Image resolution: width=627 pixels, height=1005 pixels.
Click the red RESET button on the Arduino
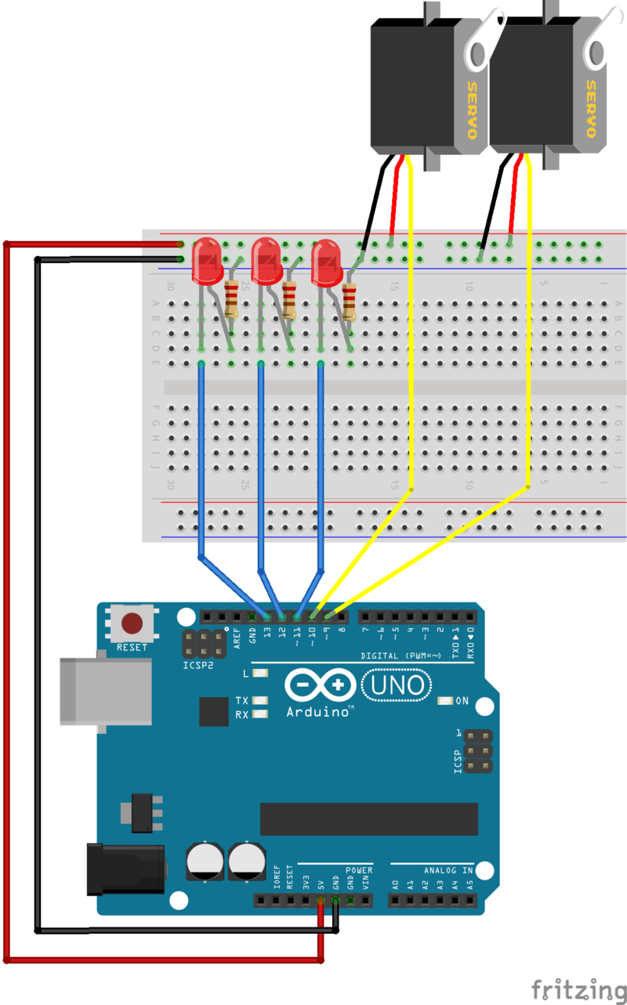point(132,624)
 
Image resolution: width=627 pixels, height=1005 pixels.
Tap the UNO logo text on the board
point(397,686)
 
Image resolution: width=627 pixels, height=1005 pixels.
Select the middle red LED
point(266,262)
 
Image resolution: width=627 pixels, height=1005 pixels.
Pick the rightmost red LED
point(326,264)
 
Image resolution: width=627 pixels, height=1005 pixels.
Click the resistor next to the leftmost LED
point(231,298)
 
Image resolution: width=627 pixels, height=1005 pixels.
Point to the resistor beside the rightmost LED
point(349,302)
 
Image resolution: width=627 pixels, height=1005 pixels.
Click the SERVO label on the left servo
point(473,109)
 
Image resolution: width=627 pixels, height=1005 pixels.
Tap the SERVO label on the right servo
point(592,109)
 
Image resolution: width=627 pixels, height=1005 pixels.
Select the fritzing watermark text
point(579,989)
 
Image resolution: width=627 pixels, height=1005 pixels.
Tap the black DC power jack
point(125,867)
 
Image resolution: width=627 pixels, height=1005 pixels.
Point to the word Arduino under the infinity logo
point(317,711)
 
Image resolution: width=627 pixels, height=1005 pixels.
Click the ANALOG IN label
point(448,870)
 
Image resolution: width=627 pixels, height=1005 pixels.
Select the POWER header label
point(359,870)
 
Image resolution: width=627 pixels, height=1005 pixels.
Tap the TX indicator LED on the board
point(259,700)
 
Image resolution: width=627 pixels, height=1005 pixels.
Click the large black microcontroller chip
point(368,819)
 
